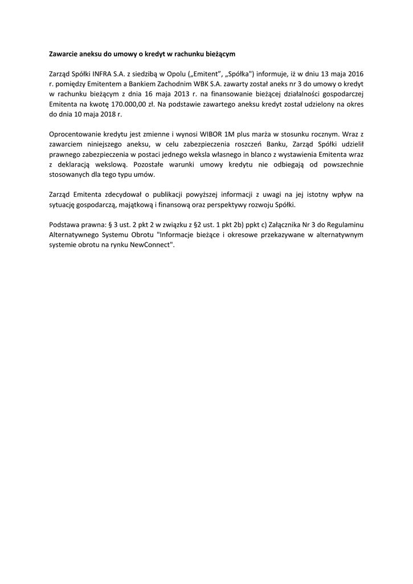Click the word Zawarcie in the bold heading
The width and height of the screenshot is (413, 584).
point(63,54)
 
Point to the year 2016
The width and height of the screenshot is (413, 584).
point(354,74)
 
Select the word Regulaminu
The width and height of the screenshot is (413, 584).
point(343,225)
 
